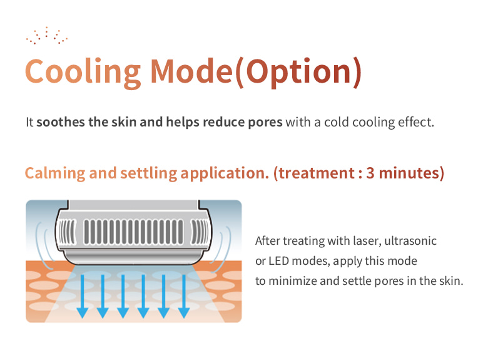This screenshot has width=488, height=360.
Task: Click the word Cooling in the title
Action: [x=83, y=73]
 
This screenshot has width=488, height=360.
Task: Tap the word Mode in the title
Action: [x=191, y=71]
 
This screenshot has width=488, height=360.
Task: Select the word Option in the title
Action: [x=298, y=73]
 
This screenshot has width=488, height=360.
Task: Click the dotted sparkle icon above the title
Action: [x=47, y=36]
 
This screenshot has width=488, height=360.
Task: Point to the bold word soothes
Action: [x=61, y=122]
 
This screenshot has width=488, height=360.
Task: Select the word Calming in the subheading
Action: [x=55, y=173]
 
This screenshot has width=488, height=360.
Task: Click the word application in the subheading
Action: [x=225, y=173]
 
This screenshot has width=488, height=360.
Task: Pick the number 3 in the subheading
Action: [x=370, y=173]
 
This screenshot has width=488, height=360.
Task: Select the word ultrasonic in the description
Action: [x=410, y=240]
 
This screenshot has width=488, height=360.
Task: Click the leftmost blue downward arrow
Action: [x=83, y=296]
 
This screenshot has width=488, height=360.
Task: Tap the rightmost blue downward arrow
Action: [x=184, y=296]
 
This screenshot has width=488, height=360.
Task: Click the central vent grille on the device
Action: [x=133, y=232]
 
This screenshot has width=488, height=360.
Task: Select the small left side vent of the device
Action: [x=68, y=232]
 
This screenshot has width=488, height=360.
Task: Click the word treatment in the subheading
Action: [x=317, y=173]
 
